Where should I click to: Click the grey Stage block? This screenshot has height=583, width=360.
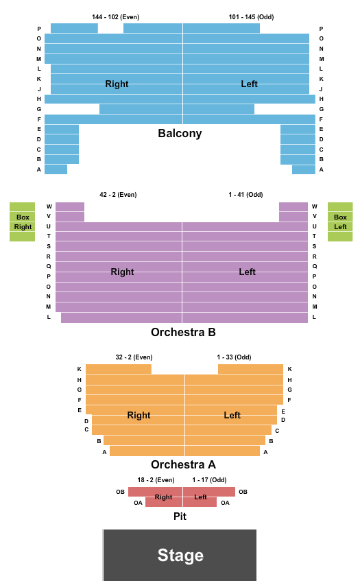(x=180, y=555)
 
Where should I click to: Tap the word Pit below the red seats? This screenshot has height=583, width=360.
(x=180, y=516)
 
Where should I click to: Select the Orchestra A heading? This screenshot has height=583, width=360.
(x=183, y=464)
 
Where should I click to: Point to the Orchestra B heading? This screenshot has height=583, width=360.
(x=183, y=332)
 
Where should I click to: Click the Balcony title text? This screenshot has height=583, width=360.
(x=180, y=133)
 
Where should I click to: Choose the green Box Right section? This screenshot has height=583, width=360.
(x=23, y=222)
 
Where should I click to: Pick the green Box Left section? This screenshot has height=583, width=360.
(x=340, y=222)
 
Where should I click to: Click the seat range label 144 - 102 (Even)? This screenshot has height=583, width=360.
(x=116, y=17)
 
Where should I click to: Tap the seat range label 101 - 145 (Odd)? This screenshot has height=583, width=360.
(x=251, y=17)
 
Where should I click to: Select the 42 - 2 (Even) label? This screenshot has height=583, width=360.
(x=118, y=195)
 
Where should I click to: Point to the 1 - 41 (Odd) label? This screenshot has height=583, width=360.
(x=245, y=195)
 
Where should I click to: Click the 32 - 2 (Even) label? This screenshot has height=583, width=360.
(x=134, y=357)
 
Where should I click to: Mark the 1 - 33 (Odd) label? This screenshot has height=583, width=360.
(x=234, y=357)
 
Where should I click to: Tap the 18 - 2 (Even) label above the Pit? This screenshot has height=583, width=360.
(x=156, y=480)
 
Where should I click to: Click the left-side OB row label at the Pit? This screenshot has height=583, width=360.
(x=121, y=492)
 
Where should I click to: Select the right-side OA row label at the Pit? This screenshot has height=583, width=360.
(x=225, y=503)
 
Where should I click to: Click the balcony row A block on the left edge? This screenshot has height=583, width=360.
(x=56, y=169)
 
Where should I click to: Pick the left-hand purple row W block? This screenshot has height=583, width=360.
(x=70, y=207)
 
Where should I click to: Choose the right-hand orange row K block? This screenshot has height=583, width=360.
(x=251, y=369)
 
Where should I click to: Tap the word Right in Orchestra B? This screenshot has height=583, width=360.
(x=122, y=272)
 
